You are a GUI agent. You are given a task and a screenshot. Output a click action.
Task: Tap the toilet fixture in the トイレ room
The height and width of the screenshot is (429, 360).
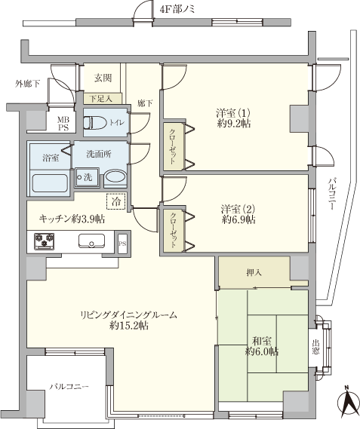(x=95, y=123)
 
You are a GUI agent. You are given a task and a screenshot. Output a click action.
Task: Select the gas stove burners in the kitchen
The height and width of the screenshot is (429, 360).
(x=44, y=241)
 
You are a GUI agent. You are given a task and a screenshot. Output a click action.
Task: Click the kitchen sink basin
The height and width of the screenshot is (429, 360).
(x=91, y=241)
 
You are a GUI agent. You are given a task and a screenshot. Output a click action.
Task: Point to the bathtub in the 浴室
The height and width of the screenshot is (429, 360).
(x=50, y=183)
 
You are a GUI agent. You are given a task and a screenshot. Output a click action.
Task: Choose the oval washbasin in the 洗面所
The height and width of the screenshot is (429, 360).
(x=115, y=178)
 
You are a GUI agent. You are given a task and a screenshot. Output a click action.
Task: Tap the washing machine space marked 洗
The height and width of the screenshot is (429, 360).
(x=87, y=177)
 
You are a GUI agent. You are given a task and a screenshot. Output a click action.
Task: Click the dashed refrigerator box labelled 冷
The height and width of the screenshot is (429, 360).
(x=116, y=201)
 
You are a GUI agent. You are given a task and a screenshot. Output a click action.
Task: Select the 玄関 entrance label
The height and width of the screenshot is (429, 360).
(x=103, y=78)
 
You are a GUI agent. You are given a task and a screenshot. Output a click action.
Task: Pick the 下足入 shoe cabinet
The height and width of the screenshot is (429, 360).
(x=103, y=99)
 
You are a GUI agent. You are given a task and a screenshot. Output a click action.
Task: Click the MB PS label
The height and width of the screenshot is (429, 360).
(x=63, y=124)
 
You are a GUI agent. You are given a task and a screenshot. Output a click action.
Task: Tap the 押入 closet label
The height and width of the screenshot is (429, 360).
(x=254, y=272)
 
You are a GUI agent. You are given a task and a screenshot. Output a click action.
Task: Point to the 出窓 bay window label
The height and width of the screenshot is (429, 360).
(x=315, y=347)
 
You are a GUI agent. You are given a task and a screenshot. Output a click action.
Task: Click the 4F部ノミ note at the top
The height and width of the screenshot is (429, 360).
(x=177, y=10)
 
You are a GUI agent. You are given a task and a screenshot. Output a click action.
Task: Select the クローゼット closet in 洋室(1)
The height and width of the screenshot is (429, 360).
(x=174, y=146)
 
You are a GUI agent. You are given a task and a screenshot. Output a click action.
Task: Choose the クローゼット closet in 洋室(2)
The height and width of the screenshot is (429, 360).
(x=174, y=230)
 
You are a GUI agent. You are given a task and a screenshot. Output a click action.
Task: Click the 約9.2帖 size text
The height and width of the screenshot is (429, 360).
(x=234, y=124)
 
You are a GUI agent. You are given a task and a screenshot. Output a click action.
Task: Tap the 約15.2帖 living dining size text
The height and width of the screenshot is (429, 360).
(x=129, y=326)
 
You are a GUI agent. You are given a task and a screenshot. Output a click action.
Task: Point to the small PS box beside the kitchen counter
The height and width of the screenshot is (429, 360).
(x=122, y=244)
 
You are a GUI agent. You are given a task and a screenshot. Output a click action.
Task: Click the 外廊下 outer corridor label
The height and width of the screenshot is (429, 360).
(x=27, y=84)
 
